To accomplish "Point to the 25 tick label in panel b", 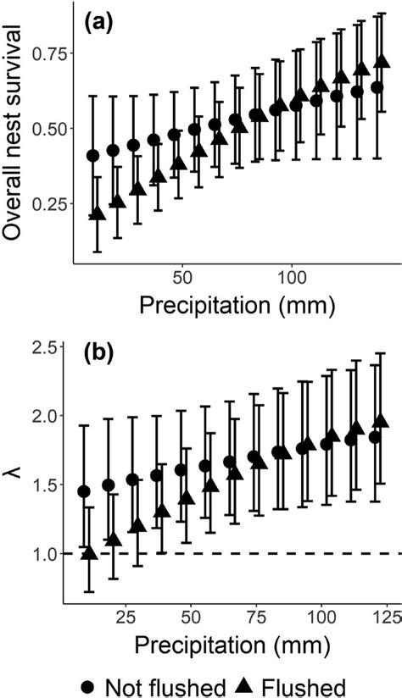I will [126, 613].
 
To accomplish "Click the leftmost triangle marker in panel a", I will [98, 214].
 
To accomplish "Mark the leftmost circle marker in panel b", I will [84, 491].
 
